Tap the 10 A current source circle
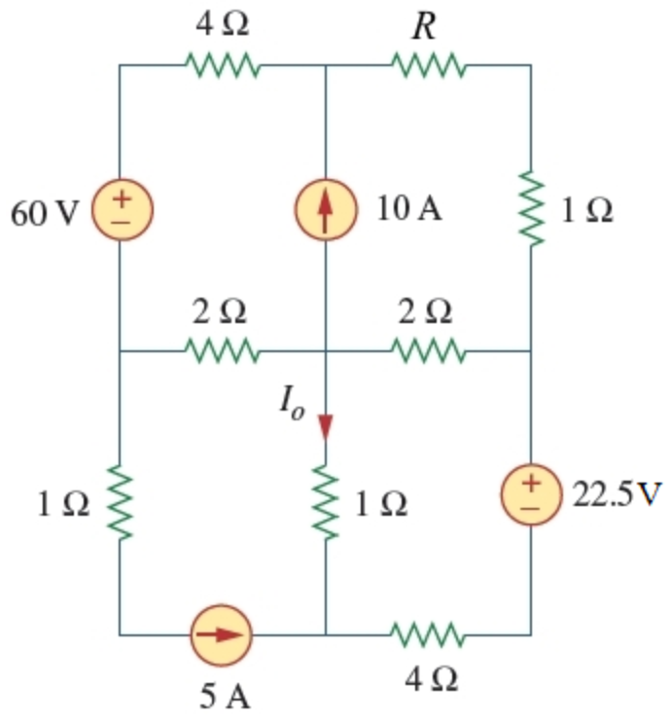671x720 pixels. (325, 209)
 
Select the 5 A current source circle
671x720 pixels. (222, 633)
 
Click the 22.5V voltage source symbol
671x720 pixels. (531, 492)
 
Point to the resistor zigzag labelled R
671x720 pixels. (428, 66)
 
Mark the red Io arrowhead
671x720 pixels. (325, 427)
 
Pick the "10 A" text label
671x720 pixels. (409, 209)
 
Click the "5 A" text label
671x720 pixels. (224, 695)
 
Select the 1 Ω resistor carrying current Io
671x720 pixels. (325, 503)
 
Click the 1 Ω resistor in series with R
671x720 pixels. (531, 209)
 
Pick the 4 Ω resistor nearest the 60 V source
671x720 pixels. (222, 66)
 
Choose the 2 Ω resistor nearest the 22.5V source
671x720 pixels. (428, 349)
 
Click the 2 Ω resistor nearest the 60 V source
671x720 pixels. (222, 349)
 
